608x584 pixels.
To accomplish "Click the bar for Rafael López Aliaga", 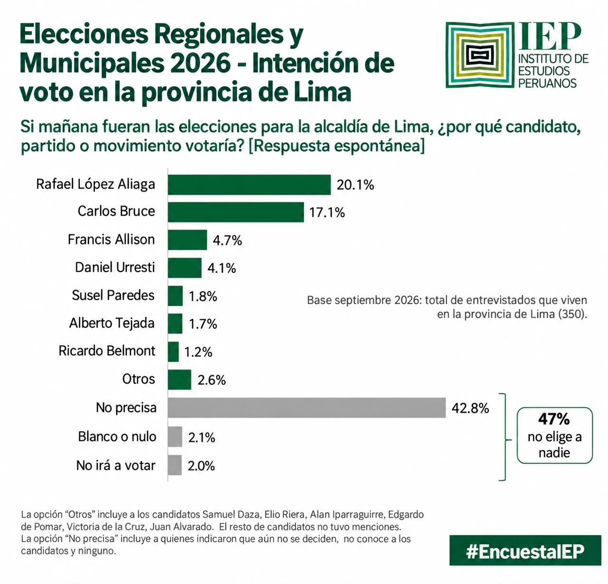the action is (249, 185).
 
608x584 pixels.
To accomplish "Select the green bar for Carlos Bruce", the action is (236, 212).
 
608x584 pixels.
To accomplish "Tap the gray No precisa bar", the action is (306, 408).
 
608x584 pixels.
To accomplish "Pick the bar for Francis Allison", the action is (187, 240).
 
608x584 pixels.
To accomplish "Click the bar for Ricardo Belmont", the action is (173, 352).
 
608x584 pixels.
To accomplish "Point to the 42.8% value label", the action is (470, 408).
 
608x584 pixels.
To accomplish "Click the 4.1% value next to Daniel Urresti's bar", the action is (221, 268).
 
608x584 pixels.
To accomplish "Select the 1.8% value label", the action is (203, 296).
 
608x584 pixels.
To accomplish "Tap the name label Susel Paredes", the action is (113, 295).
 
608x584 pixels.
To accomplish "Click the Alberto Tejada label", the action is (112, 323).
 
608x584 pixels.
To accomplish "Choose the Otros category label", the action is (139, 379).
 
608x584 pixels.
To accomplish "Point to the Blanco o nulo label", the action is (117, 436).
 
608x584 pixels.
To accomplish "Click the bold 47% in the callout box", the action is (554, 419).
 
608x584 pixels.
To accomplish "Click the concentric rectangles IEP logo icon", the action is (480, 55).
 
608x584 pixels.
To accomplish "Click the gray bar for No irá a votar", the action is (175, 465).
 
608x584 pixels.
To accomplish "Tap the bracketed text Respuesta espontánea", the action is (336, 146).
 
